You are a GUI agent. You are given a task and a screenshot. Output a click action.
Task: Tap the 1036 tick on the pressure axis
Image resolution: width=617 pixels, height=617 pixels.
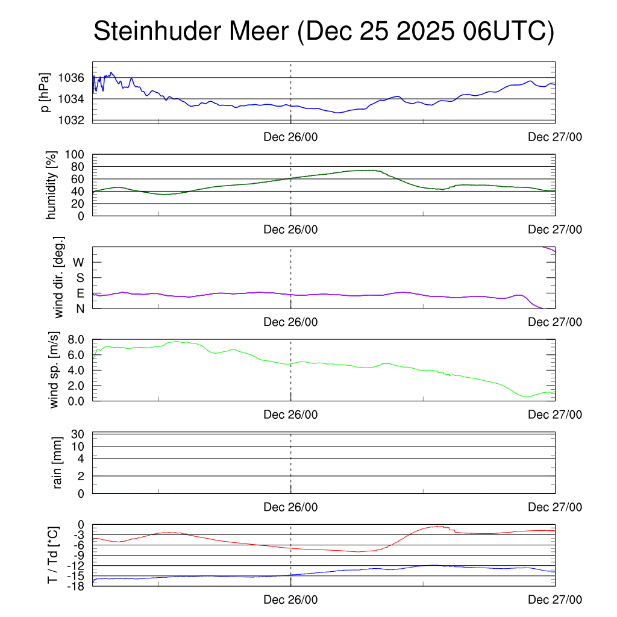[72, 78]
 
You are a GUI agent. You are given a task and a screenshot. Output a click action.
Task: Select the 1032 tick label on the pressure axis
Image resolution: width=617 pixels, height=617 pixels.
[72, 120]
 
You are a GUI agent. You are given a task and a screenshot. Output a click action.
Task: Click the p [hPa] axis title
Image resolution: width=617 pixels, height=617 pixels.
[45, 92]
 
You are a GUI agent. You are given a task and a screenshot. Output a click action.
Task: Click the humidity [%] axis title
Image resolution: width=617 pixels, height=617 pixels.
[52, 185]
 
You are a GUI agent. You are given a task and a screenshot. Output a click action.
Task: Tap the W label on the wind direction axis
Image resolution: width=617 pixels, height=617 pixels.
[78, 262]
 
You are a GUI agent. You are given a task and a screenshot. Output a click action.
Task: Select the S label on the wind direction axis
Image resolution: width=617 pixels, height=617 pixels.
[80, 278]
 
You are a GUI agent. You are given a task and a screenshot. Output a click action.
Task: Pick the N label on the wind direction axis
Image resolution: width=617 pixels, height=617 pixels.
[80, 308]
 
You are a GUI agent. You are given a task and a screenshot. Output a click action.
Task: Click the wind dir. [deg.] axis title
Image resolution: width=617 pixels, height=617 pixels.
[60, 278]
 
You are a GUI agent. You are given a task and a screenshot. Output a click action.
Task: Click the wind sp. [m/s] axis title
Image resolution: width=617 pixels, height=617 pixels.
[55, 370]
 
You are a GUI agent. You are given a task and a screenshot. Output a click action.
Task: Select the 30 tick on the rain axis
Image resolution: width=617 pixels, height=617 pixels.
[79, 434]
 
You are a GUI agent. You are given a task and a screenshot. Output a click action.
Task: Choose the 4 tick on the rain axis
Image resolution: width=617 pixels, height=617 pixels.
[81, 459]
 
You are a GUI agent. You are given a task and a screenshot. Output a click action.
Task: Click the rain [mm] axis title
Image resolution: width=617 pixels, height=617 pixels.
[57, 463]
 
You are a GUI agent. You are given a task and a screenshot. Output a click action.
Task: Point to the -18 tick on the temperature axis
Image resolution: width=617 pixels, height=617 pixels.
[76, 586]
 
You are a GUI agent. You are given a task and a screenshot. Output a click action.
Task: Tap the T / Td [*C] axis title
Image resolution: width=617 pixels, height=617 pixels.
[52, 555]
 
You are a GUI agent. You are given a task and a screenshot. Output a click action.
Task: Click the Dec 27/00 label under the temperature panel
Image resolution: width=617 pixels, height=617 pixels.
[555, 600]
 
